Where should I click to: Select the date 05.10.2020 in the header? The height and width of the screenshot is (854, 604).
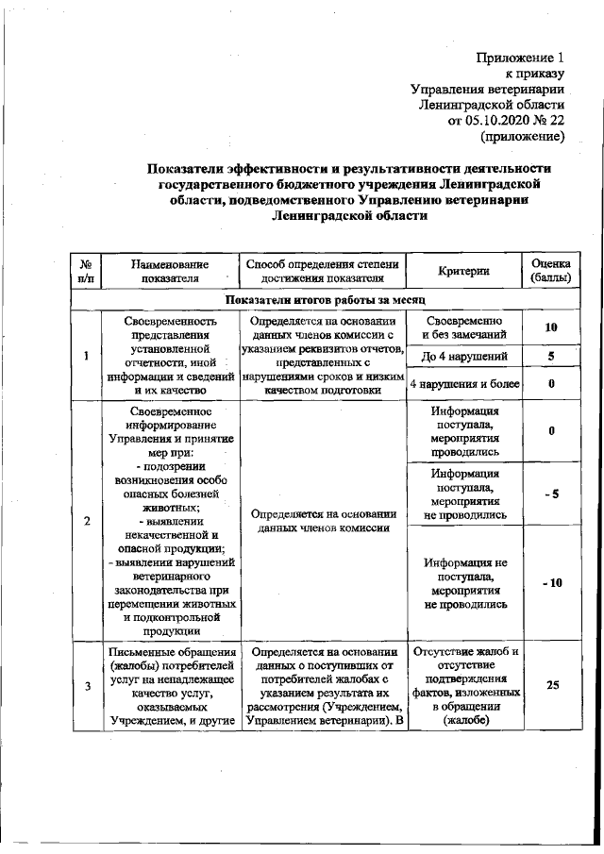(x=496, y=121)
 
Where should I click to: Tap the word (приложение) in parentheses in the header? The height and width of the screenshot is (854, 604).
(x=522, y=137)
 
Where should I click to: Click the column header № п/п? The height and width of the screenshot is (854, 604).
(x=86, y=271)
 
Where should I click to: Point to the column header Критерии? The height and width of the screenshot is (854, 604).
(x=463, y=271)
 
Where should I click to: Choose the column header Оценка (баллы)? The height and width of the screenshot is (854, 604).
(x=550, y=271)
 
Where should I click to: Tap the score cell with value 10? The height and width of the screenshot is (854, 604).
(x=550, y=327)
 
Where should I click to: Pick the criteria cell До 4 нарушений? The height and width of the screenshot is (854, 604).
(x=463, y=356)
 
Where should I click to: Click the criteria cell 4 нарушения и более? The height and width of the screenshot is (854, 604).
(x=463, y=384)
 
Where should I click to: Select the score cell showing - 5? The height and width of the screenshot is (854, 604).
(x=550, y=494)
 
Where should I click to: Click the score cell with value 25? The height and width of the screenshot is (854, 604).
(x=550, y=686)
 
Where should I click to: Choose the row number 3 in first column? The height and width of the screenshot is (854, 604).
(x=86, y=686)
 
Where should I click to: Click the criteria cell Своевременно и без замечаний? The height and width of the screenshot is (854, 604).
(x=463, y=327)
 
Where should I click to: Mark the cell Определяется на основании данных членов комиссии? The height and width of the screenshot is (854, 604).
(x=321, y=522)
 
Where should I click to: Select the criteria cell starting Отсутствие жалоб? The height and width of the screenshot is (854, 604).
(x=463, y=686)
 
